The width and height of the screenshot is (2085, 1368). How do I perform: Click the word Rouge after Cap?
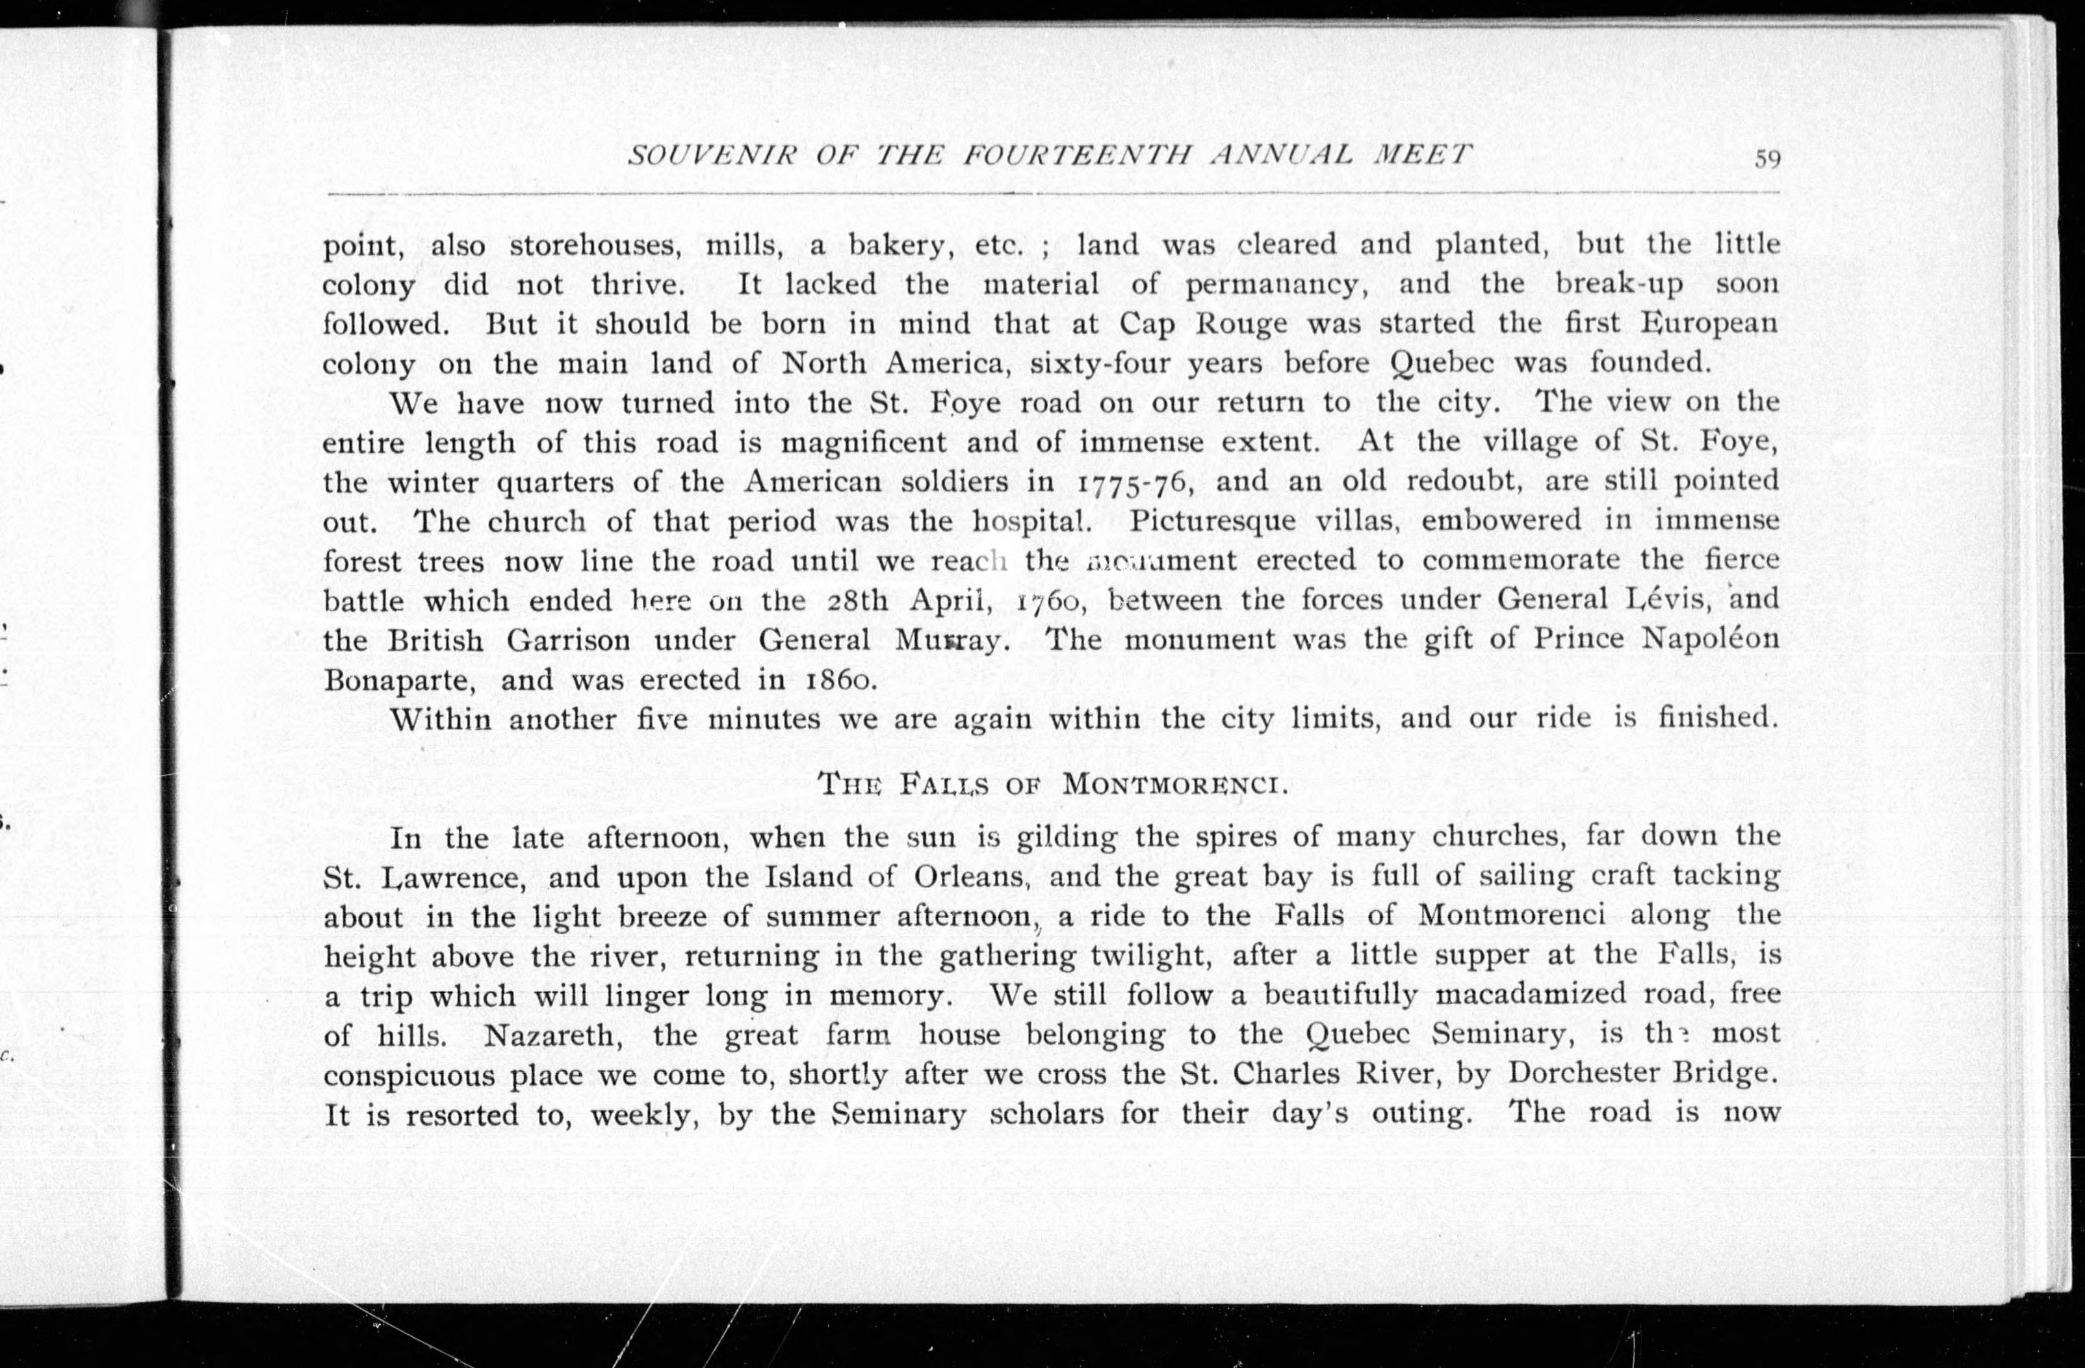(1241, 324)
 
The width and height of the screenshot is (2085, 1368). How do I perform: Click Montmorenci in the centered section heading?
(1174, 784)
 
